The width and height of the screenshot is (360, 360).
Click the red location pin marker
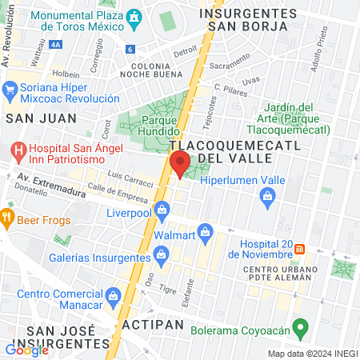(180, 164)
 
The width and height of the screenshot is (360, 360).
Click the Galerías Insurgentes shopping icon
(162, 255)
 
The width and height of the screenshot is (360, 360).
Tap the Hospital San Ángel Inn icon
(17, 150)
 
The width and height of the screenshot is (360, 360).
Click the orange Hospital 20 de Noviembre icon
(300, 247)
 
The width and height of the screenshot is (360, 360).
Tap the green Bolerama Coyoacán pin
(300, 326)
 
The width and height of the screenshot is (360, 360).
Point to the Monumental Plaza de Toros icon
(134, 16)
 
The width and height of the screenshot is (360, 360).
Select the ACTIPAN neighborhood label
(152, 326)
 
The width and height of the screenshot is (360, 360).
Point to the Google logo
(26, 350)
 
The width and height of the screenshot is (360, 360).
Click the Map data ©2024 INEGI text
(312, 354)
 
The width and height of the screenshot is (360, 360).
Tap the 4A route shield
(57, 46)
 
